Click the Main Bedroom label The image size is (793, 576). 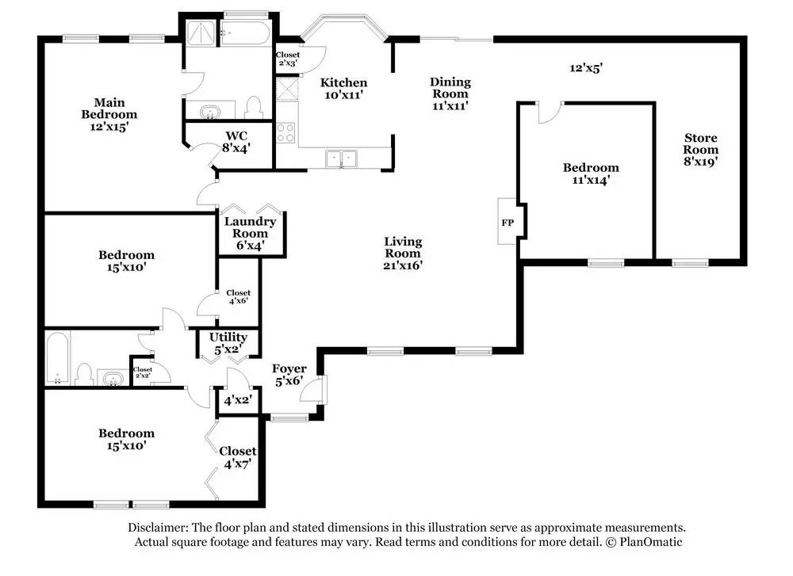(109, 113)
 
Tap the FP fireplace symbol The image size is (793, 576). (508, 223)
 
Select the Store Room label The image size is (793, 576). (701, 149)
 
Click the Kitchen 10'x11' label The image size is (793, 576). (343, 88)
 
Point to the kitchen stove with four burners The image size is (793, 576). (286, 132)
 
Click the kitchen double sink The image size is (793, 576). (343, 159)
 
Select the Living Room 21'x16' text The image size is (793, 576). (403, 254)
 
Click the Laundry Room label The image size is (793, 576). (250, 233)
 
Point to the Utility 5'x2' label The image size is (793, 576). (228, 343)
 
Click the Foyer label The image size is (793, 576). (289, 374)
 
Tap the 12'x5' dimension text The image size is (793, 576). (587, 68)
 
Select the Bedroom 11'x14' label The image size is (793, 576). (591, 174)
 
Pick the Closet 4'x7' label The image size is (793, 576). (237, 457)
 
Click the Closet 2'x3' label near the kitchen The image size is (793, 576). (287, 59)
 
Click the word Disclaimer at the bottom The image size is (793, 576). (159, 528)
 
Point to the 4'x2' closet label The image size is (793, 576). (237, 401)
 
